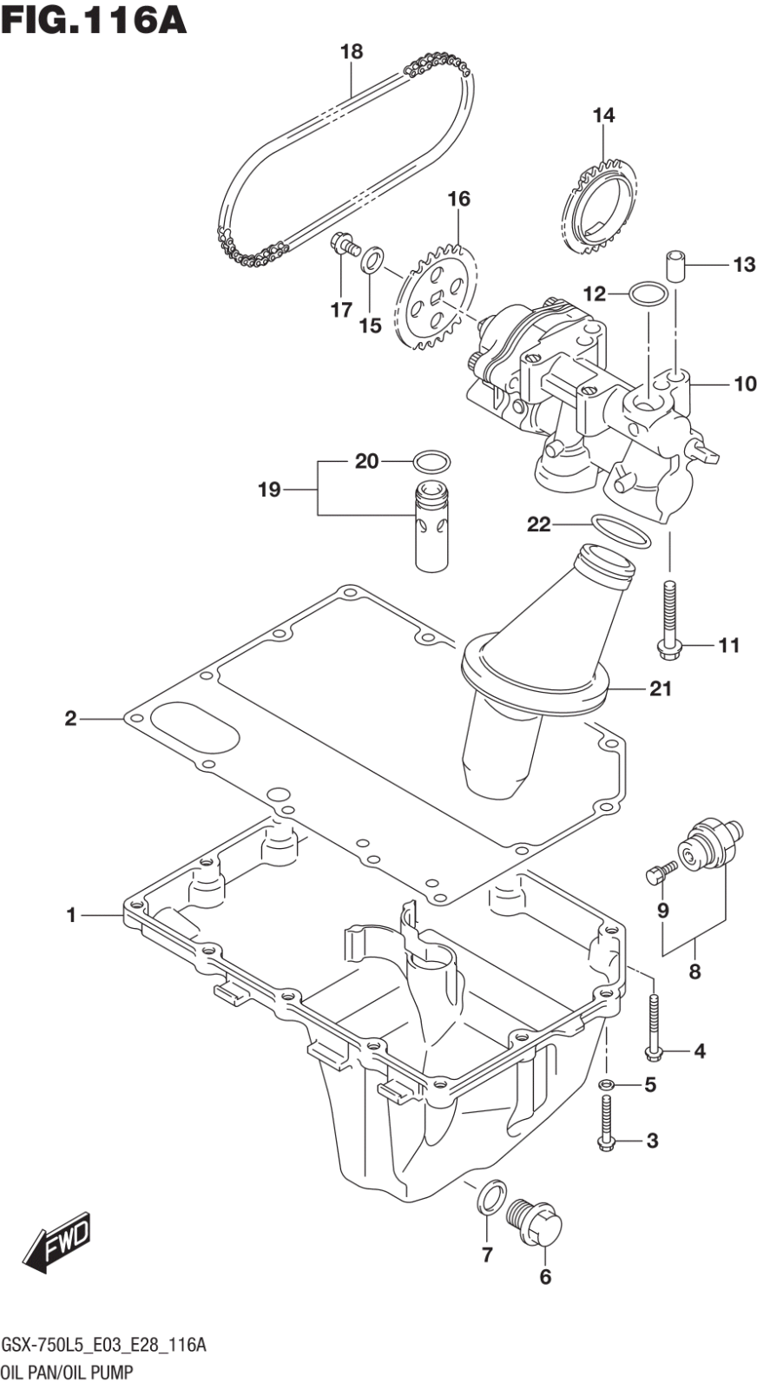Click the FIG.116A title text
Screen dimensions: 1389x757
pos(94,19)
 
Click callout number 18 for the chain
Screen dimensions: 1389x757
pos(351,52)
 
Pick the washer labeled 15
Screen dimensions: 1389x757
pos(372,258)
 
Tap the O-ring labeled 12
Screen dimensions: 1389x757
pos(647,294)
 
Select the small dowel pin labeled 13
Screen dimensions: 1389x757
pos(676,266)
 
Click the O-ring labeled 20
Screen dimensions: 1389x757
pos(431,460)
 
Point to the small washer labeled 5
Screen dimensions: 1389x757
pos(608,1083)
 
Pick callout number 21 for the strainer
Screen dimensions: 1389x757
pos(661,689)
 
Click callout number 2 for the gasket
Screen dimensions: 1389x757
pos(70,718)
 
